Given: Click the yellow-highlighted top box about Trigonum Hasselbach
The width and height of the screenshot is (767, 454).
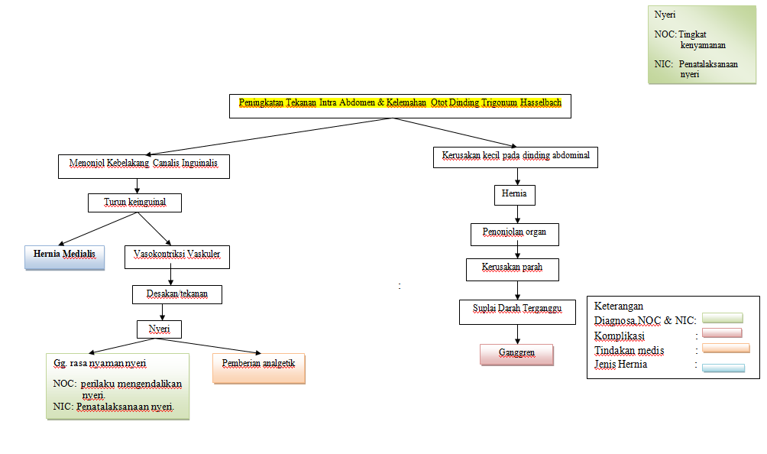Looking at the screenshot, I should click(x=400, y=105).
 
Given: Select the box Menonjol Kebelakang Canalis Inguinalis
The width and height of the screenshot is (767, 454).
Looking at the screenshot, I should click(x=144, y=166).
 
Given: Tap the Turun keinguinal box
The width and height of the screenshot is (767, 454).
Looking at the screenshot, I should click(x=134, y=203).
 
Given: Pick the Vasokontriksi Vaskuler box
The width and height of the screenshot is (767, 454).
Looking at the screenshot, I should click(x=176, y=256).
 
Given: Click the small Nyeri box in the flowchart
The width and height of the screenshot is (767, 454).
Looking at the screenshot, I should click(x=159, y=329).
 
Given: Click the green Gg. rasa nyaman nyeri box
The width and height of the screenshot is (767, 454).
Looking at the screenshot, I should click(x=117, y=386).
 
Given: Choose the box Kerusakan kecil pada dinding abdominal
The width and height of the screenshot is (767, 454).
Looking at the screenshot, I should click(x=516, y=157).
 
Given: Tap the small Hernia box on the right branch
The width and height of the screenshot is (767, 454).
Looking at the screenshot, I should click(x=514, y=195).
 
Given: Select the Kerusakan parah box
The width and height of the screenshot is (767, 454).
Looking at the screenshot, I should click(x=513, y=269).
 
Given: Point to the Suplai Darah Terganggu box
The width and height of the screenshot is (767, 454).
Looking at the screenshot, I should click(x=517, y=310).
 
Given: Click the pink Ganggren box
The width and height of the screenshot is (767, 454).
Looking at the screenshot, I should click(x=516, y=355).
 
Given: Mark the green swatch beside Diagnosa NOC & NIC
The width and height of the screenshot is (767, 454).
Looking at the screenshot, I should click(x=721, y=318).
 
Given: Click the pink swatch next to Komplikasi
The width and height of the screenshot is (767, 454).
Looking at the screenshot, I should click(x=721, y=333).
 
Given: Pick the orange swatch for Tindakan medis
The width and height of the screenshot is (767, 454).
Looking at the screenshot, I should click(x=725, y=349).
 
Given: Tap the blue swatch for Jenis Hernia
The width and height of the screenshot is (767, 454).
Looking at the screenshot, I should click(x=723, y=367).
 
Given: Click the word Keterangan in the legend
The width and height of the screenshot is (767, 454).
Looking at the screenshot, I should click(x=620, y=306).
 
